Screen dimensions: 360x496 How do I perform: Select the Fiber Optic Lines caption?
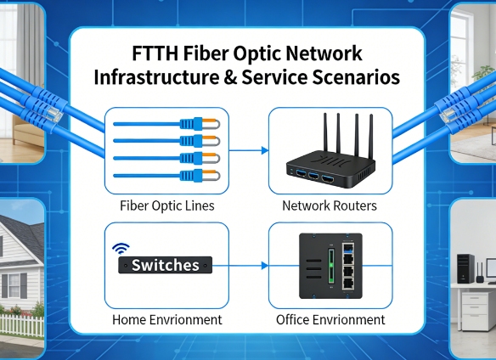166,206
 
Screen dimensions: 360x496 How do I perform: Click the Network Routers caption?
330,206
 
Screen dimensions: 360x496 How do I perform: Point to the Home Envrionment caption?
167,320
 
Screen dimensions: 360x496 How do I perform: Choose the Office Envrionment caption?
330,320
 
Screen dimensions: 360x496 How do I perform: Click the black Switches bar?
165,266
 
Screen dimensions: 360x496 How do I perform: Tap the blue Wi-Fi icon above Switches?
121,249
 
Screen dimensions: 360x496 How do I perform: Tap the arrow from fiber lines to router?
247,151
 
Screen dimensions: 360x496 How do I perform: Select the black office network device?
330,266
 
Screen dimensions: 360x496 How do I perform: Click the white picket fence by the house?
21,323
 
